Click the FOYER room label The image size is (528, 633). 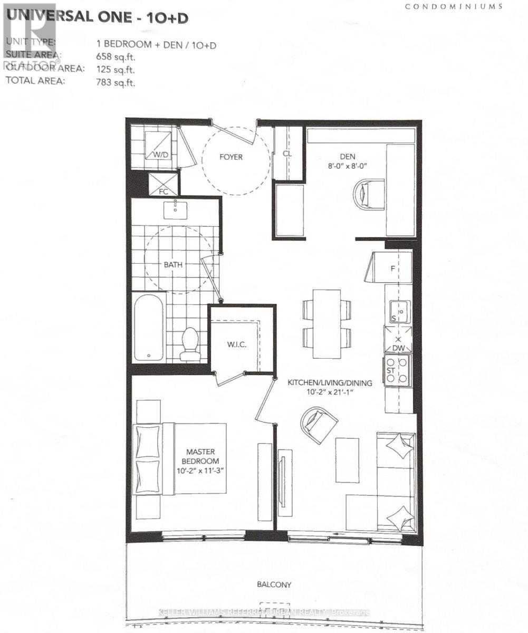coord(231,157)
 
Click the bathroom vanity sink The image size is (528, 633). coord(176,210)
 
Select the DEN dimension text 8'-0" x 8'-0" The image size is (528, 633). coord(348,166)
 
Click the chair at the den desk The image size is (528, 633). coord(369,194)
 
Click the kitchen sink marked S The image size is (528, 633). coord(398,311)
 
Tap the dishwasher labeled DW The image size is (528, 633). coord(398,340)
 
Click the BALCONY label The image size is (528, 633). coord(274,584)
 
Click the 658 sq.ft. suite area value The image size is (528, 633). coord(115,56)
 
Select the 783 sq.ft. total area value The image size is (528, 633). coord(115,81)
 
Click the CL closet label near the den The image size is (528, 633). coord(287,153)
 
